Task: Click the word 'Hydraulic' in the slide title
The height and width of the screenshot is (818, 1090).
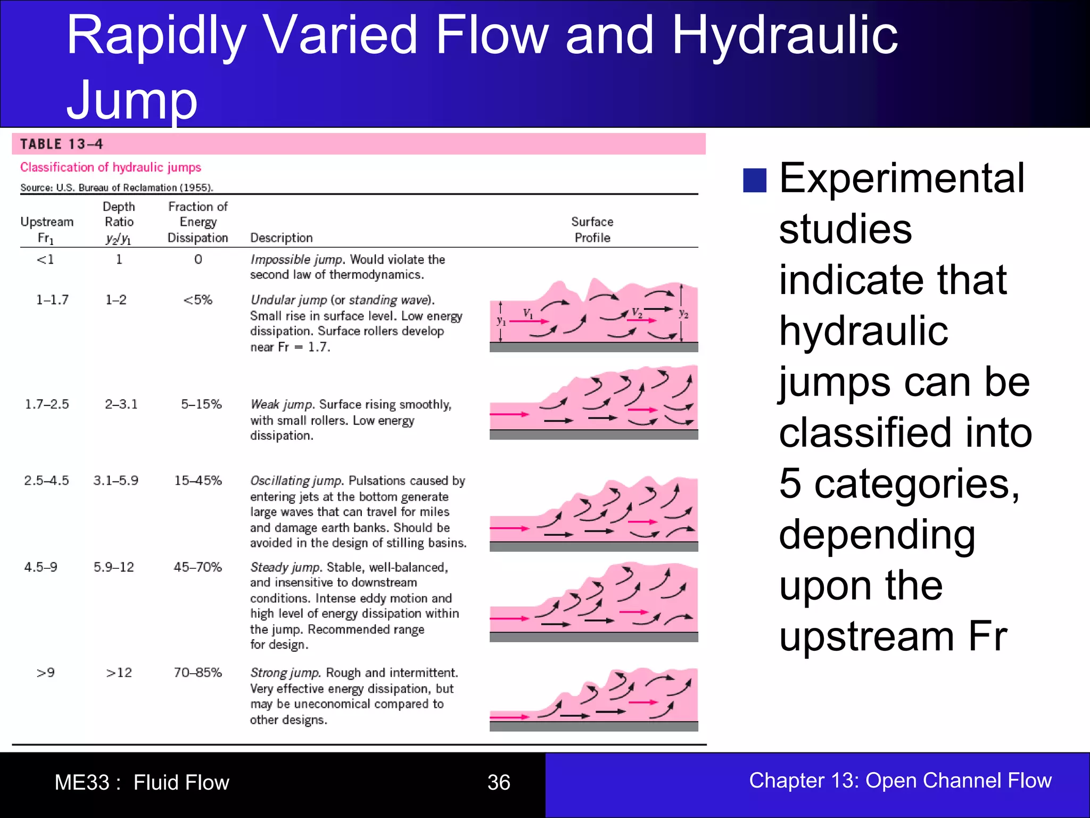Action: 785,35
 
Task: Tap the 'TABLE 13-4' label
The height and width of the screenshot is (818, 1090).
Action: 61,144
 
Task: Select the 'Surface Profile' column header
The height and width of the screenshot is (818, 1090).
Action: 592,230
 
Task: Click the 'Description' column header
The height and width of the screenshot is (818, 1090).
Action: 282,238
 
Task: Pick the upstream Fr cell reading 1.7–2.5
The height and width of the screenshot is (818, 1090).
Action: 47,404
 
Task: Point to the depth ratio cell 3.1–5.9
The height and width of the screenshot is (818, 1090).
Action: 115,480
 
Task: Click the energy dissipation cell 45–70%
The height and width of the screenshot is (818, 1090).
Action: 197,567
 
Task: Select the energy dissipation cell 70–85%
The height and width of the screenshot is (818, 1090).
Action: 197,673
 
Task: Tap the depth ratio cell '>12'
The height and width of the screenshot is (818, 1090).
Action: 119,673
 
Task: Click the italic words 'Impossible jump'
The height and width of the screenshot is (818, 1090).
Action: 297,259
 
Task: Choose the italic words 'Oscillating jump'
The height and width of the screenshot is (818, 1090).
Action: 296,480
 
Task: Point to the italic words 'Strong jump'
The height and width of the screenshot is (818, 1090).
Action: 285,673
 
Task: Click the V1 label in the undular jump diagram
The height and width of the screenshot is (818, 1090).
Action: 527,313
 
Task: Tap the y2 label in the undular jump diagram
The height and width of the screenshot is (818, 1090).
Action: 684,314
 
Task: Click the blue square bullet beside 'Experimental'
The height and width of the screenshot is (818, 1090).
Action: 754,180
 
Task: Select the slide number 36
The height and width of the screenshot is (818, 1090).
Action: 499,782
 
